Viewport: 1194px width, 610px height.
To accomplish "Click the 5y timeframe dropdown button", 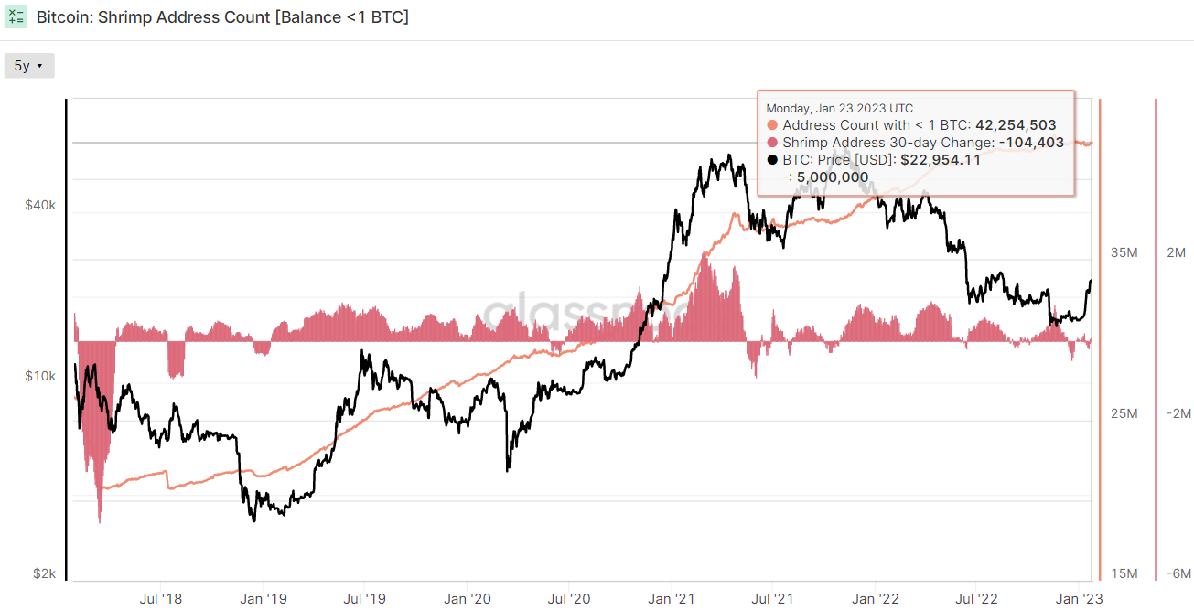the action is point(29,66).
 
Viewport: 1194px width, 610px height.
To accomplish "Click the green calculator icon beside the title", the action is point(16,17).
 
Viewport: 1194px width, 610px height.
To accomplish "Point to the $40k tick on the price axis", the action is point(40,205).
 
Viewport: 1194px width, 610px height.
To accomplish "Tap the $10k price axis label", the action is point(40,376).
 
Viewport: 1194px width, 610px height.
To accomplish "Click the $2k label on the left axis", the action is point(44,573).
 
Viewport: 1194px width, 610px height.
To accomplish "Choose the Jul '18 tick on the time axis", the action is point(160,599).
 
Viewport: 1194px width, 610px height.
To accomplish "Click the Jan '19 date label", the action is point(264,599).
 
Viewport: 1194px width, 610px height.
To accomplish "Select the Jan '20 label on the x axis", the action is point(468,599).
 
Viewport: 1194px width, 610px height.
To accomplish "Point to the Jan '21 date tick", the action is point(672,599).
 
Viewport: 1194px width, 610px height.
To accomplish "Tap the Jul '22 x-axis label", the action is point(976,599).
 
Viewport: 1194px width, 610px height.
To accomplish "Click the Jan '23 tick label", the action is point(1079,599).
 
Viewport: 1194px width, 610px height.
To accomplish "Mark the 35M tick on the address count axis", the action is point(1124,252).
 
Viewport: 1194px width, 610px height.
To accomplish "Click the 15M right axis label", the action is point(1124,573).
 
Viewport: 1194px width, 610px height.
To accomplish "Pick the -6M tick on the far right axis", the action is point(1178,573).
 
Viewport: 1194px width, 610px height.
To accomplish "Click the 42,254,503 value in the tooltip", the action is point(1016,125).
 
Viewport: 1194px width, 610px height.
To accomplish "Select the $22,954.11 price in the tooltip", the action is point(941,160).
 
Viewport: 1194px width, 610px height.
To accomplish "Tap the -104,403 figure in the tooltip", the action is point(1031,143).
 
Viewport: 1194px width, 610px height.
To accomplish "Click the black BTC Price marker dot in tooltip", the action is point(772,160).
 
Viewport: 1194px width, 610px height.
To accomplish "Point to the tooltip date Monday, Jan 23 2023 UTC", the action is point(840,109).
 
